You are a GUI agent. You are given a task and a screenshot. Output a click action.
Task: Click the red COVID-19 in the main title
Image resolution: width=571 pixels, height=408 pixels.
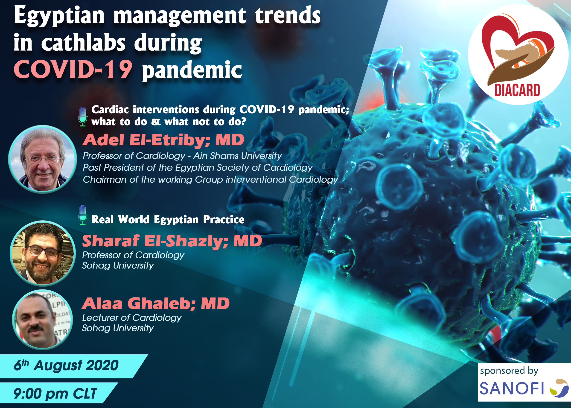(x=73, y=69)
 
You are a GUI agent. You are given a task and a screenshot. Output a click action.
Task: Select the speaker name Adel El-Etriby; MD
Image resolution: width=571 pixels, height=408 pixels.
(x=163, y=140)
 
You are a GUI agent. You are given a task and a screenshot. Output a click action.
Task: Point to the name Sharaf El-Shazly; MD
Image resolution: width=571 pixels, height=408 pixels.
(x=172, y=241)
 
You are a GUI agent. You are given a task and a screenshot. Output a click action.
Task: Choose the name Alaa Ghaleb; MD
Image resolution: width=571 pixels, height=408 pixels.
(x=156, y=303)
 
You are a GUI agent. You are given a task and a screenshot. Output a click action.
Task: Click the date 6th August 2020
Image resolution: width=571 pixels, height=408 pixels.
(x=66, y=365)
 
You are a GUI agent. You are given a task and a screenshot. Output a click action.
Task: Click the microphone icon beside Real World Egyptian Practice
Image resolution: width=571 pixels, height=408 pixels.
(x=83, y=215)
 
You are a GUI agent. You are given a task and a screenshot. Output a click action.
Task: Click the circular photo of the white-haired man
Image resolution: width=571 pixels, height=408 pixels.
(x=42, y=159)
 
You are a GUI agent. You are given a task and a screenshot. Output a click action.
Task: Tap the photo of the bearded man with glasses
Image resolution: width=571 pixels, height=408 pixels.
(x=42, y=254)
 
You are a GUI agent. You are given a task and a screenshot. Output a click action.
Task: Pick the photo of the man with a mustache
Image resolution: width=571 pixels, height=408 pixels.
(x=42, y=320)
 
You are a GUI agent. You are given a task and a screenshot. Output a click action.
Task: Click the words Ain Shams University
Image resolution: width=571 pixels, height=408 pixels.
(x=238, y=156)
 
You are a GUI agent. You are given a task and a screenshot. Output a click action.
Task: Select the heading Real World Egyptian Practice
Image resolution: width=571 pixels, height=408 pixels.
(x=168, y=220)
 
